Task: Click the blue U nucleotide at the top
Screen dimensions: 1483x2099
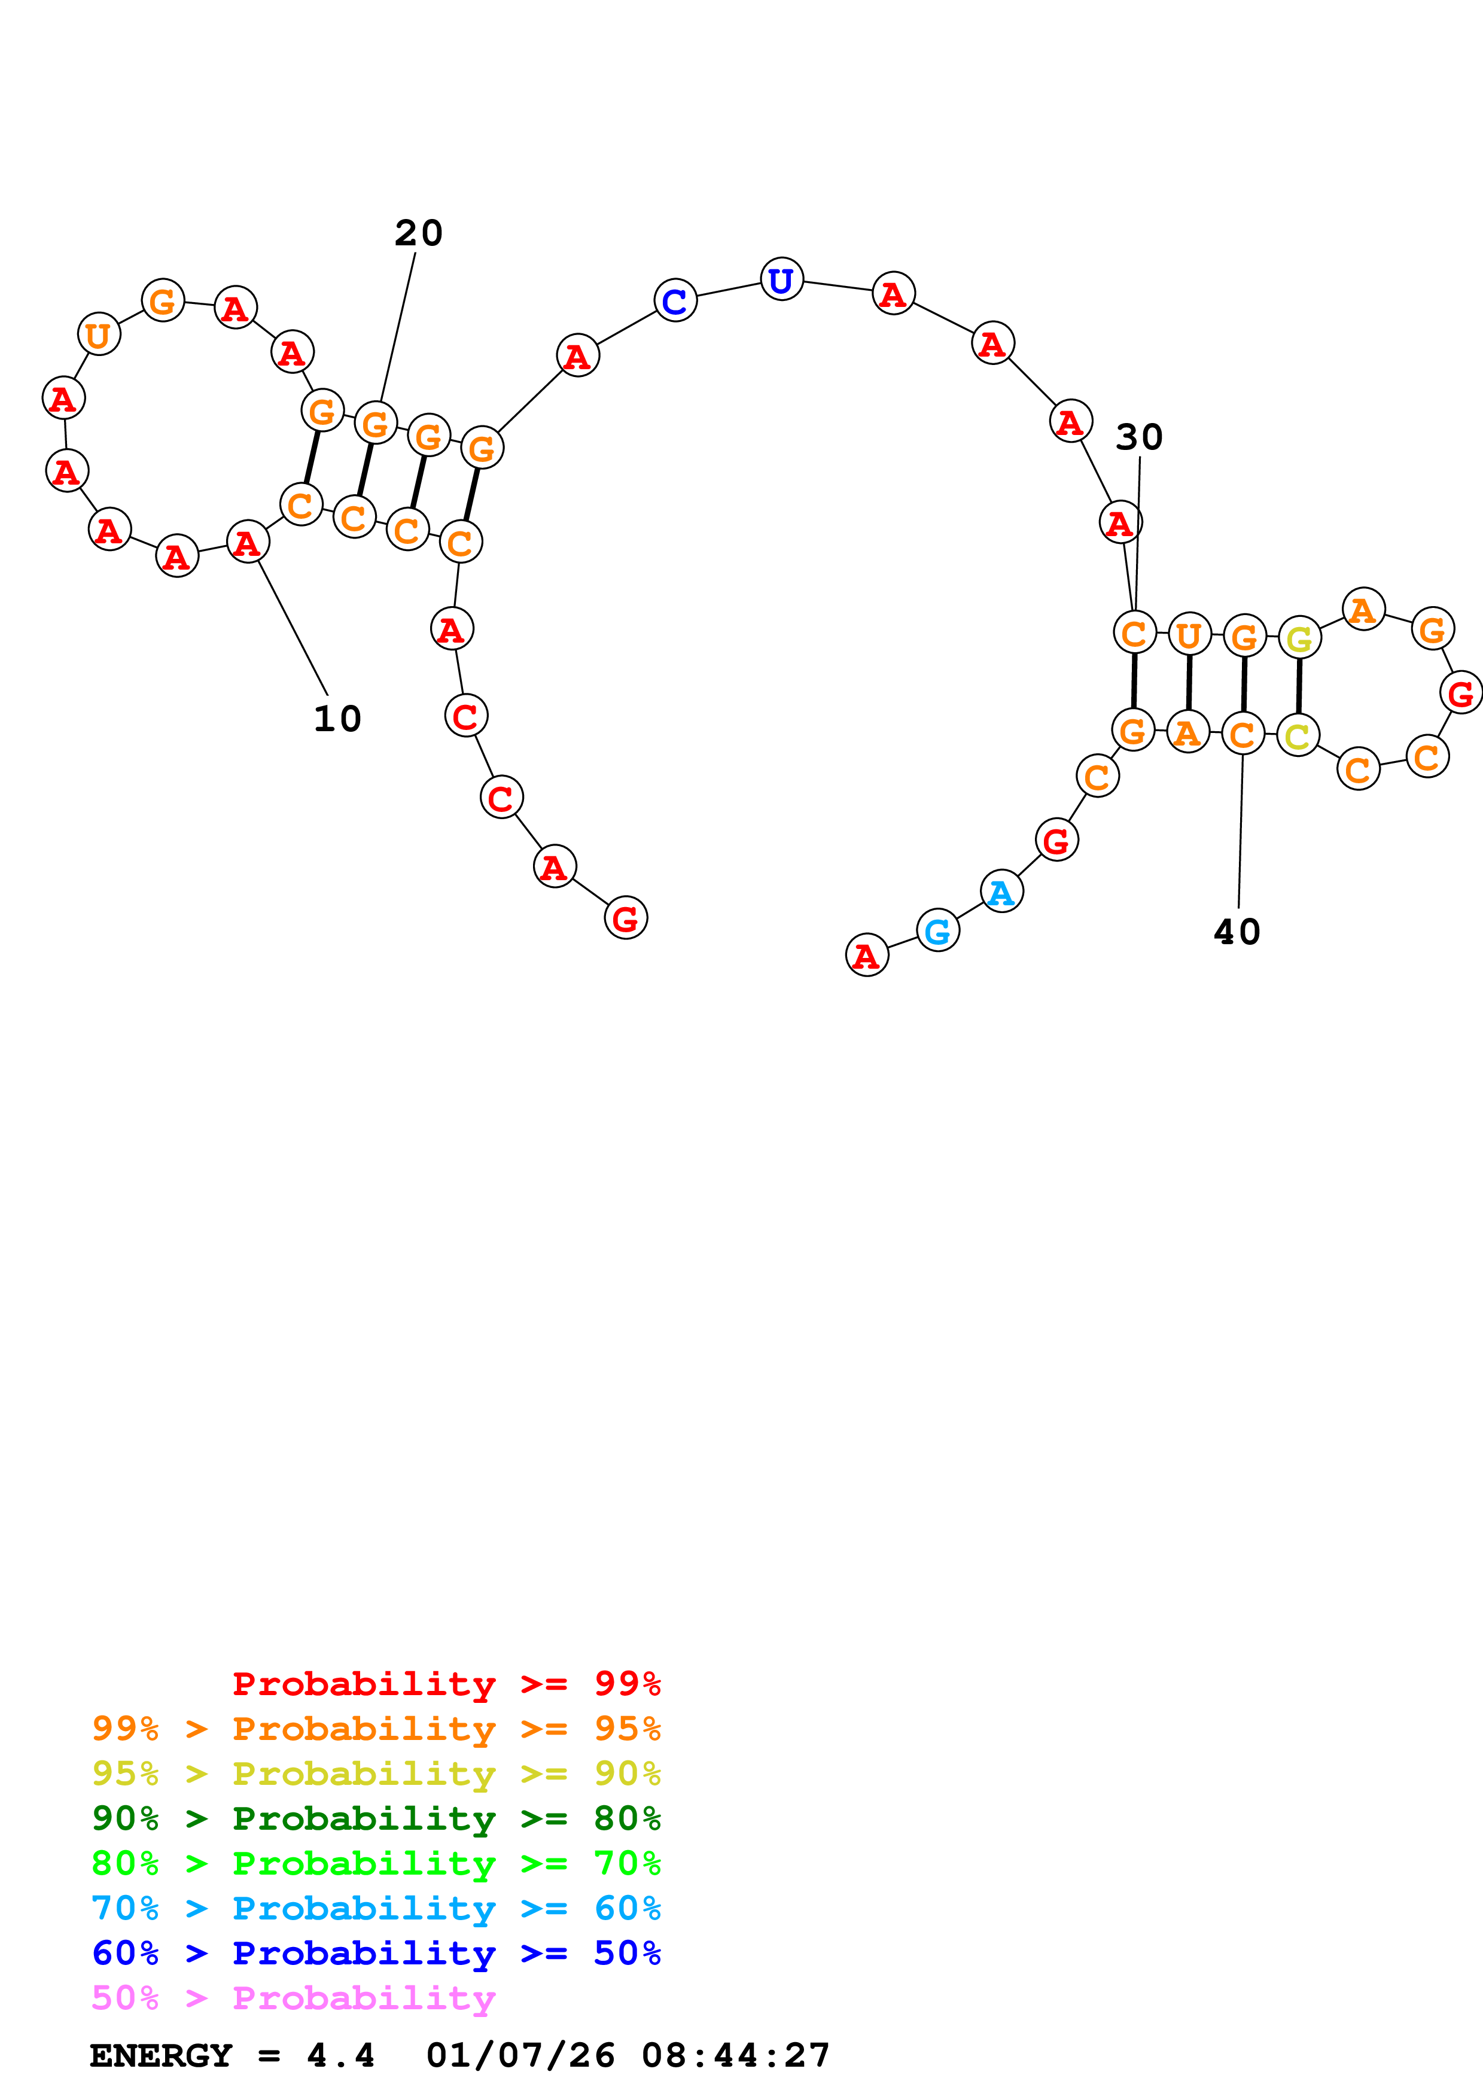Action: point(781,280)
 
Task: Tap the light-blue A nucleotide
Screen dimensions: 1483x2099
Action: point(1001,892)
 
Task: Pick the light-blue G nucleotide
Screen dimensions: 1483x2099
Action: point(937,930)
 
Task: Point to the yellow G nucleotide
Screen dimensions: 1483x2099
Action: point(1298,638)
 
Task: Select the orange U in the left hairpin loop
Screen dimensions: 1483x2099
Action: point(99,334)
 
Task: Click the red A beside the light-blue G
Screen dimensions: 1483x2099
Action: point(866,956)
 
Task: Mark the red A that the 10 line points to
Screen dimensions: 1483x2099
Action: point(248,542)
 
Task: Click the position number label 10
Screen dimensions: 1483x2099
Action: point(337,719)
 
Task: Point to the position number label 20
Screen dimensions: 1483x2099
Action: point(419,233)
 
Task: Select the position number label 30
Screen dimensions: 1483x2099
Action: point(1138,437)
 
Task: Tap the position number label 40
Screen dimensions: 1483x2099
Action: point(1237,932)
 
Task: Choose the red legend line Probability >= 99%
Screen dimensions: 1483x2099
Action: point(446,1683)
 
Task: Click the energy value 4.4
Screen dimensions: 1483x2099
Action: point(340,2055)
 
